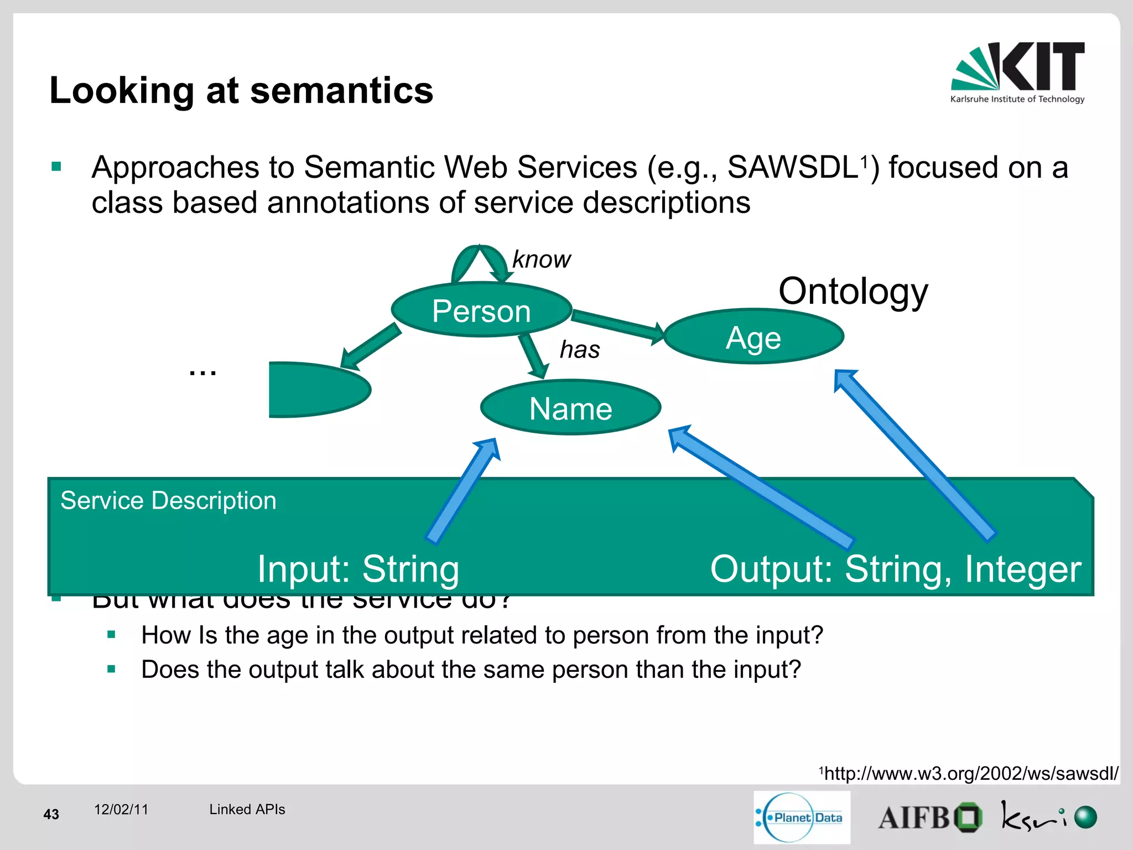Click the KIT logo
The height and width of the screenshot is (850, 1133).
point(1018,72)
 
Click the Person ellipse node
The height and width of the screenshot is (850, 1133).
point(481,310)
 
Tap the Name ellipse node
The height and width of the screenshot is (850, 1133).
point(570,408)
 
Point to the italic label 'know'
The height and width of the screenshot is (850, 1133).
point(541,259)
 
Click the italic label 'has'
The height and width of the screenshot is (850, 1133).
point(579,350)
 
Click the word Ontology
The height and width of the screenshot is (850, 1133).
point(853,291)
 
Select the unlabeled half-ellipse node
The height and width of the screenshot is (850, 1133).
point(315,390)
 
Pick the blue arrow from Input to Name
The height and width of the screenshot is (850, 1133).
point(462,493)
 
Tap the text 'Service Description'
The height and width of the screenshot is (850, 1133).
point(168,501)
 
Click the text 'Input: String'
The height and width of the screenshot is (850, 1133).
point(358,569)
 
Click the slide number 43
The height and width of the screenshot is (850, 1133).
point(51,814)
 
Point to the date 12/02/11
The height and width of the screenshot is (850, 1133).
point(121,810)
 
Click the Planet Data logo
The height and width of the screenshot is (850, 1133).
point(801,817)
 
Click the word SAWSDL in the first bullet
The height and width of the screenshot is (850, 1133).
point(792,167)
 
